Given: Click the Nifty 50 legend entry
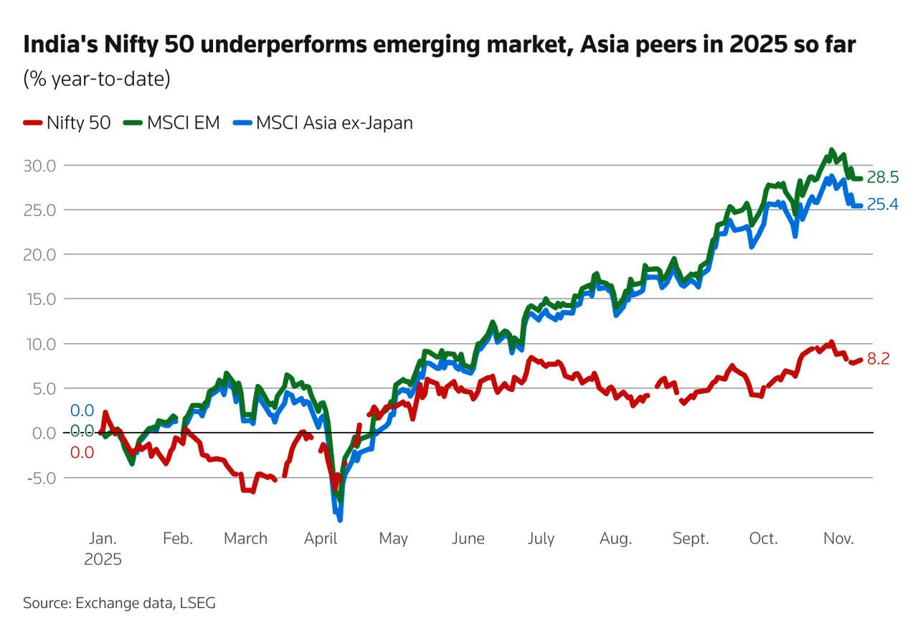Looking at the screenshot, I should coord(67,123).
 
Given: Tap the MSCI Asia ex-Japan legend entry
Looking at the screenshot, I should coord(323,123).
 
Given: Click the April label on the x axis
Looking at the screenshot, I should coord(321,538).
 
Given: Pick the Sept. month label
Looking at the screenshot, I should coord(691,538).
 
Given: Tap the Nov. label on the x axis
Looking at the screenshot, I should coord(838,538).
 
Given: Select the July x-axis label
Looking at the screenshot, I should coord(540,538).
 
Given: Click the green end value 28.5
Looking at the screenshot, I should coord(882,177).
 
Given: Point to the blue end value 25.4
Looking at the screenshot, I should coord(882,205).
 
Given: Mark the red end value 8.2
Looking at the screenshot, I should coord(878,360).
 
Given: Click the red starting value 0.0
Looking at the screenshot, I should coord(82,453).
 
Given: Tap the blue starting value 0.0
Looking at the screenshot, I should coord(82,411).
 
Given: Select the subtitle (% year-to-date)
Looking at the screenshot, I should coord(97,78).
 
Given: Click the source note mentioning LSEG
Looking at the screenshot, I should coord(119,603).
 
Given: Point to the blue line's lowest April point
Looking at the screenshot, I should coord(339,520).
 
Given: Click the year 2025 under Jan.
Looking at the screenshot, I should coord(103,560).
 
